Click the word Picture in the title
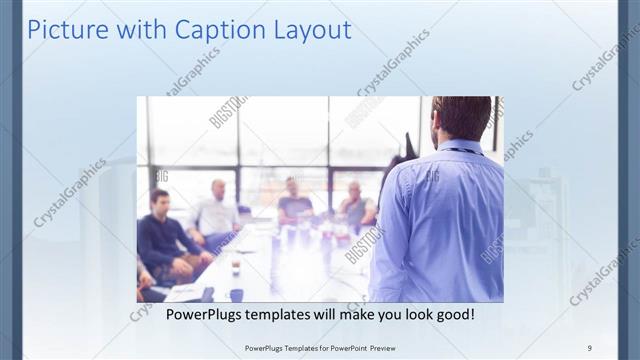[x=63, y=29]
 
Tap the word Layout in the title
[x=311, y=29]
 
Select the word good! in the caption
[x=451, y=314]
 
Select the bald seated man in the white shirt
[x=216, y=210]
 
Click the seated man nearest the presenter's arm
[x=355, y=205]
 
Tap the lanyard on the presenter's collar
[x=462, y=151]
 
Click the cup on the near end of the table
[x=236, y=292]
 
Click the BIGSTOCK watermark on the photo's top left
[x=227, y=111]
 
